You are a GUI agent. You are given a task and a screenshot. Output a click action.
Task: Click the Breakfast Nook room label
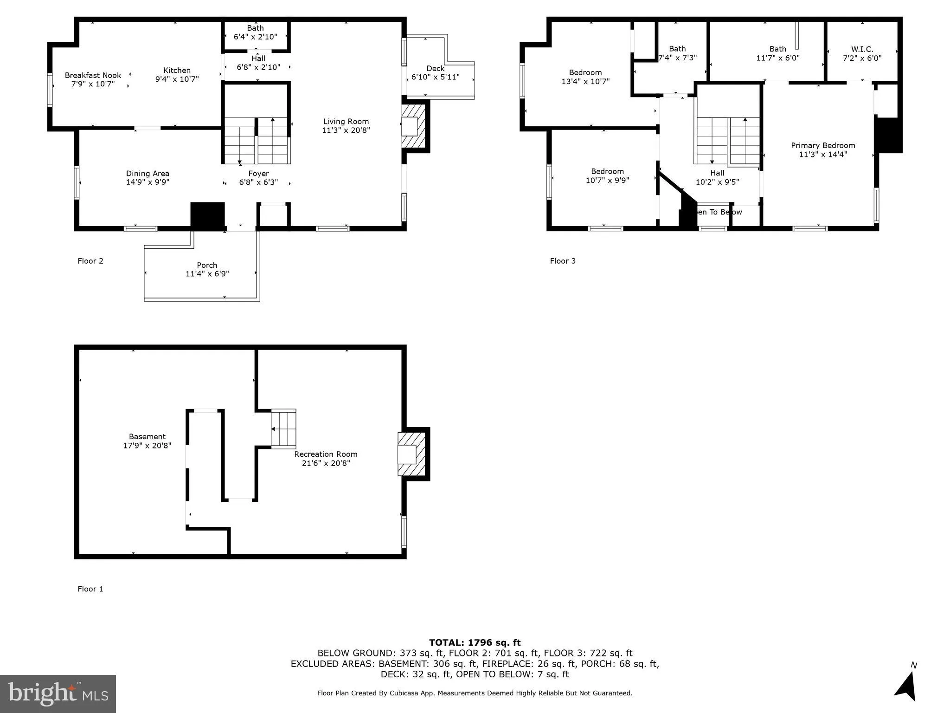coord(93,75)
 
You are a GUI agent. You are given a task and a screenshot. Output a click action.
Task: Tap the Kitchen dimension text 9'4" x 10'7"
coord(177,79)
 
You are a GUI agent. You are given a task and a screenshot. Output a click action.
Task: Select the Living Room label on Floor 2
coord(346,122)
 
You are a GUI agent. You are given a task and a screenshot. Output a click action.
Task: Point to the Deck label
coord(435,69)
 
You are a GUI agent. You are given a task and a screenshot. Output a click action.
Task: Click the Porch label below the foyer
coord(207,265)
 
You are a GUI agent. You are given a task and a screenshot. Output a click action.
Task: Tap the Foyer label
coord(258,174)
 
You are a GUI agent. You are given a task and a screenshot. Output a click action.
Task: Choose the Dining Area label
coord(148,174)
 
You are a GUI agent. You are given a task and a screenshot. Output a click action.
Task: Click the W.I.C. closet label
coord(862,49)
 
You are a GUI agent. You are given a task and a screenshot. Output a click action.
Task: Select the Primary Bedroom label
coord(823,145)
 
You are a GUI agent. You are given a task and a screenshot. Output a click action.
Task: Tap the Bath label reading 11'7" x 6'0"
coord(778,53)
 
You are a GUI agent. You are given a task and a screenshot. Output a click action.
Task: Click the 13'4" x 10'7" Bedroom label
coord(585,77)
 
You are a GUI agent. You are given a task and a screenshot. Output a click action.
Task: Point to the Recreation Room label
coord(326,454)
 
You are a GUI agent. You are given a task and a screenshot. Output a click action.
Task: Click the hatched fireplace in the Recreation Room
coord(411,454)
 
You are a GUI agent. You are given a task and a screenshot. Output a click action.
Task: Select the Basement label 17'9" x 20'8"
coord(147,441)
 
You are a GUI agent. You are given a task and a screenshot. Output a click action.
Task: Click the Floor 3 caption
coord(563,261)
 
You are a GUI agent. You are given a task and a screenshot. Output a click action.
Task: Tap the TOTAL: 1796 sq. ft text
coord(475,642)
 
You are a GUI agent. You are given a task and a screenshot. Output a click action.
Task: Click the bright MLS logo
coord(58,694)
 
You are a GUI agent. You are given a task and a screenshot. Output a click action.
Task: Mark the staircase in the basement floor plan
coord(283,429)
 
